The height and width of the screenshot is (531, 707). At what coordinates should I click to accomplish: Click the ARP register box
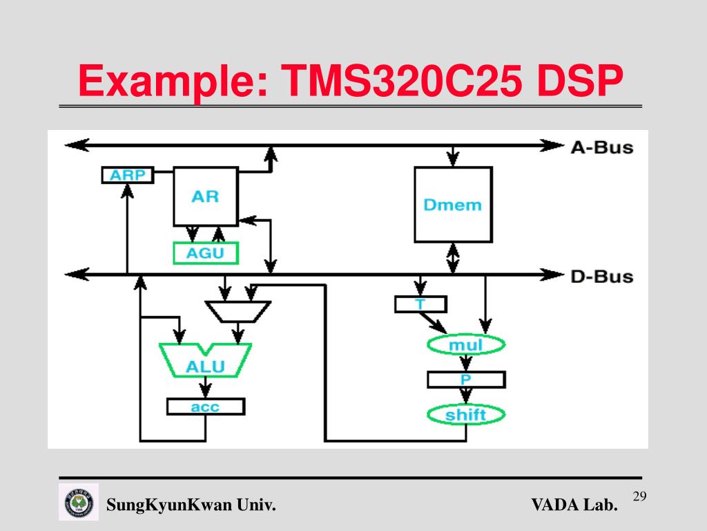point(128,175)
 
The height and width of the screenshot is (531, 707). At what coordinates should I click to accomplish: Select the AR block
point(205,196)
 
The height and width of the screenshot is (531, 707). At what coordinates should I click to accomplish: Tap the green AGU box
point(205,253)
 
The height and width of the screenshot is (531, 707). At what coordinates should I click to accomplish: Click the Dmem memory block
point(452,205)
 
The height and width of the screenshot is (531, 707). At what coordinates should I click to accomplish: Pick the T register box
point(420,304)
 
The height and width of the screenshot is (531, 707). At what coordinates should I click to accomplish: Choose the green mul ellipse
point(466,344)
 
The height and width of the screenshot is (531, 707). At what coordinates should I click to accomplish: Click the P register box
point(466,380)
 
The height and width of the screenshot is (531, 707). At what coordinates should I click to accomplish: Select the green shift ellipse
point(466,415)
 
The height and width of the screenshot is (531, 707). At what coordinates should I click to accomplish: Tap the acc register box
point(205,407)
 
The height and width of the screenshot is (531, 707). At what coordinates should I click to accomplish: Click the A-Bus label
point(601,147)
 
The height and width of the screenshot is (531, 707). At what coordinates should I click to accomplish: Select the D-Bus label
point(601,276)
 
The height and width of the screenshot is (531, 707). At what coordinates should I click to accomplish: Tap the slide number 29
point(639,496)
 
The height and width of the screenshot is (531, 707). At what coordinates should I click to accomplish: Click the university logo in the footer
point(79,501)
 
